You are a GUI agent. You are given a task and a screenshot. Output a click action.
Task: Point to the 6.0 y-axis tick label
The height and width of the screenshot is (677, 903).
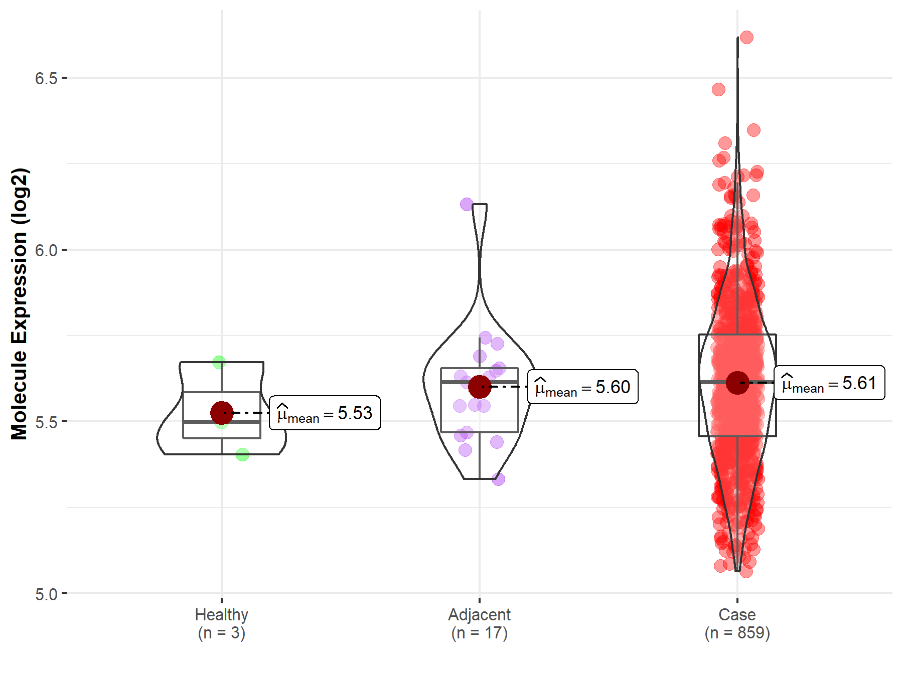point(46,250)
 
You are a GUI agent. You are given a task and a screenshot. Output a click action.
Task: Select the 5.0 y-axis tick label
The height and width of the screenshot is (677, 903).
point(46,594)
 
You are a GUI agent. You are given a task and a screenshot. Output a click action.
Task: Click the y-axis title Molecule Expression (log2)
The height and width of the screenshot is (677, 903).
point(19,303)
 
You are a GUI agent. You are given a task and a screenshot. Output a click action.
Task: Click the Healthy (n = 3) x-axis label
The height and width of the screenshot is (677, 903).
point(221,623)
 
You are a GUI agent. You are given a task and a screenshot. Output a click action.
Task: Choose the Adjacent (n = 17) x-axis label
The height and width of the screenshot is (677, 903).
point(479,623)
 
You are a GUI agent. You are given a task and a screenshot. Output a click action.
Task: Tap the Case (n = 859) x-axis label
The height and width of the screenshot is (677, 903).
point(737,623)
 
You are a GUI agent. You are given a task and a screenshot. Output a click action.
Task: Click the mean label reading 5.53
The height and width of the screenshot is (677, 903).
point(325,413)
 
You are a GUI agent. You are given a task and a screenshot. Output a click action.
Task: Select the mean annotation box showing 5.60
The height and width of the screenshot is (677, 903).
point(582,387)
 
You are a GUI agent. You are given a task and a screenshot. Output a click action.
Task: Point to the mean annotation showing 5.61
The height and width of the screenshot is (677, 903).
point(829,383)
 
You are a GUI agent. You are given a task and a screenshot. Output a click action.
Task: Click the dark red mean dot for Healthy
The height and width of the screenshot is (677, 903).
point(222,413)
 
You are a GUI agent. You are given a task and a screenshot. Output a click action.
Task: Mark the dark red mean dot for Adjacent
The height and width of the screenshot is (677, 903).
point(480,387)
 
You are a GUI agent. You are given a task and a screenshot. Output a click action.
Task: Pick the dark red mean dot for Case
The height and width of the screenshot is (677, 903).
point(737,383)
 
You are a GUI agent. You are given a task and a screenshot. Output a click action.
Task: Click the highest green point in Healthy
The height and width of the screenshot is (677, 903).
point(219,362)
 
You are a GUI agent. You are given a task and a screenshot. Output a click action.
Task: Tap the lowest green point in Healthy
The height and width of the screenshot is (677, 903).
point(242,455)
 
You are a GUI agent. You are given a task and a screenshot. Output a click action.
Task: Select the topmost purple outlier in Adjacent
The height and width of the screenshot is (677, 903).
point(467,205)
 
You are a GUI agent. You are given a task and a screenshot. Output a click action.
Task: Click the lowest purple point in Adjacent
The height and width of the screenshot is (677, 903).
point(498,479)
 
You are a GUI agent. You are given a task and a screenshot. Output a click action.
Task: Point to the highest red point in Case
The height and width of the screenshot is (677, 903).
point(746,37)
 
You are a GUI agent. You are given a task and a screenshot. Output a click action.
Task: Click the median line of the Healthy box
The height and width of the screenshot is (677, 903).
point(222,422)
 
